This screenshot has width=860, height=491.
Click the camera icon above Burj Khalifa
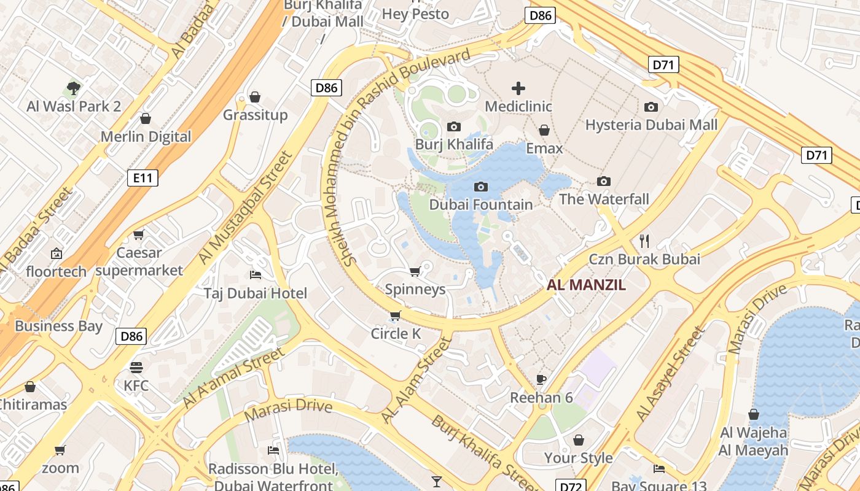tap(454, 127)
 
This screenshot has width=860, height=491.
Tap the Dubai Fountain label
tap(481, 204)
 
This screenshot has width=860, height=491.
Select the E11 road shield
tap(143, 178)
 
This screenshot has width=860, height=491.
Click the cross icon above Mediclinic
tap(518, 88)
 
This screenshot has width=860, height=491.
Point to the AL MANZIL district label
tap(586, 285)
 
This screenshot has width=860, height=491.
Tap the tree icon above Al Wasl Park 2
tap(74, 88)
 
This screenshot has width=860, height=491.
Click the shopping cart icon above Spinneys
tap(415, 272)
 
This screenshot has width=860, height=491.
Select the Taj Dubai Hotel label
tap(256, 293)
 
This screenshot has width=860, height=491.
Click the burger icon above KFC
tap(136, 368)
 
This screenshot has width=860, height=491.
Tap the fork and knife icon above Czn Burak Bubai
tap(644, 241)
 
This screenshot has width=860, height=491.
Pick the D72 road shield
tap(570, 486)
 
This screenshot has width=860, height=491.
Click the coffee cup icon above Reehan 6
tap(541, 379)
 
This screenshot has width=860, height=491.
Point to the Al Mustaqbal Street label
tap(246, 207)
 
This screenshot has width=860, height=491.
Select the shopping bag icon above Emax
tap(544, 130)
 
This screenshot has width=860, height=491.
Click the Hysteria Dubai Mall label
tap(651, 125)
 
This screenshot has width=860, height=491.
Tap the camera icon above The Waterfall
tap(604, 181)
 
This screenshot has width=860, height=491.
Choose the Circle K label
tap(396, 333)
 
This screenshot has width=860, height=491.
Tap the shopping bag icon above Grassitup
tap(255, 97)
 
